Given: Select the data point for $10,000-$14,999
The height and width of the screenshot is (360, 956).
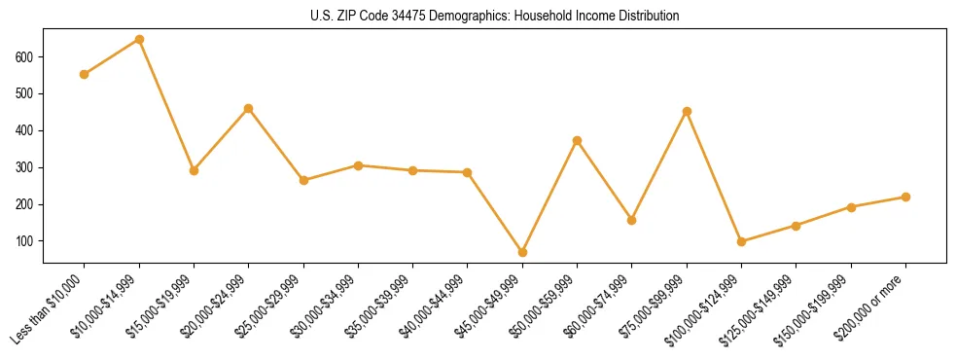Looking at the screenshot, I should click(139, 40).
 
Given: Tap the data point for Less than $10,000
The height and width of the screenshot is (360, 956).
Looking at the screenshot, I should click(85, 74).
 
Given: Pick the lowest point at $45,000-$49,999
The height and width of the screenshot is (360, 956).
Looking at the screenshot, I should click(522, 252).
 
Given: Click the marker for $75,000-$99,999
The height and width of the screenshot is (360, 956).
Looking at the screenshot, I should click(687, 111).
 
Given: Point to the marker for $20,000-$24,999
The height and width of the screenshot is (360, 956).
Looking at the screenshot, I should click(249, 108).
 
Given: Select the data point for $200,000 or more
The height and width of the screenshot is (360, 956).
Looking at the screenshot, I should click(905, 197).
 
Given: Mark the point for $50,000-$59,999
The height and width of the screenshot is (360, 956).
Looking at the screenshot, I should click(578, 140).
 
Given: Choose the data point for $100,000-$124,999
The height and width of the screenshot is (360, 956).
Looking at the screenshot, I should click(741, 241).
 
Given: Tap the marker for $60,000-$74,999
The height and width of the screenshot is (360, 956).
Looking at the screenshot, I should click(632, 220).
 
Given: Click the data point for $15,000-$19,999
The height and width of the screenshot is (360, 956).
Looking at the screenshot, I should click(194, 170).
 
